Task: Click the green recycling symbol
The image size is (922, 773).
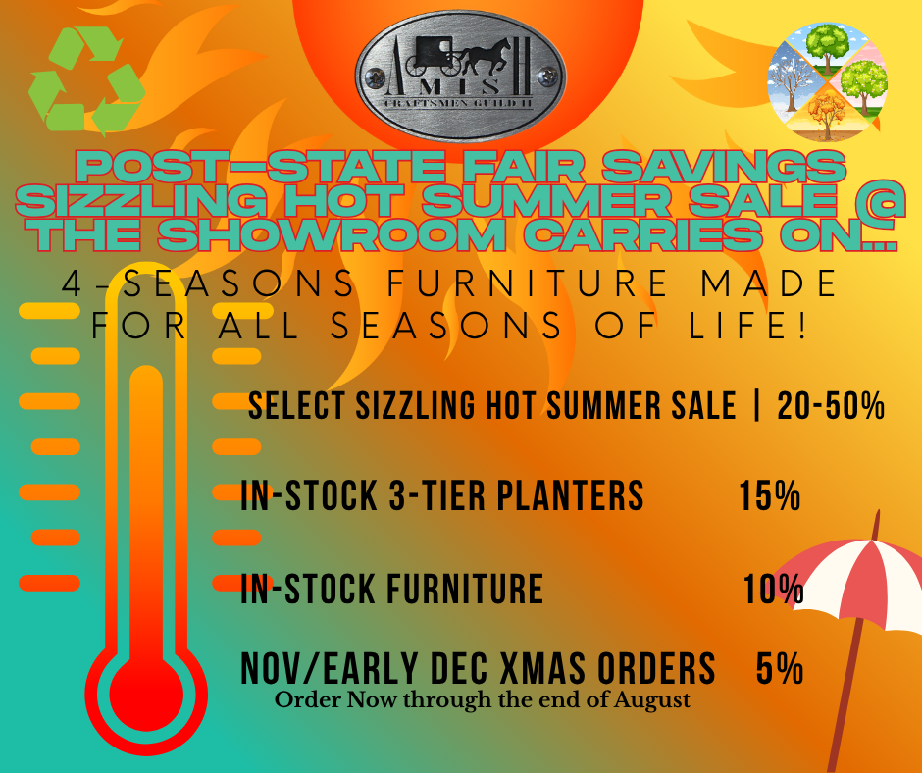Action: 87,79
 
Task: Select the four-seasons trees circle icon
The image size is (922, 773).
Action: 827,81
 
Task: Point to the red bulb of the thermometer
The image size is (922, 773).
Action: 146,694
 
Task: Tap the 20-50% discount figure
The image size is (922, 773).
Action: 831,406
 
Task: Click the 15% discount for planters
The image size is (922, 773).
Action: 770,496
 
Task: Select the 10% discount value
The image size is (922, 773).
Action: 773,589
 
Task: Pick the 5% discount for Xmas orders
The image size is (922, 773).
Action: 780,668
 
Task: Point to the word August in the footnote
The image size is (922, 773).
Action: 652,700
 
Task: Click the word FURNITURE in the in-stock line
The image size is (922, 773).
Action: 465,589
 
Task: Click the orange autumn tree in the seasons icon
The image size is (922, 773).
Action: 827,113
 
